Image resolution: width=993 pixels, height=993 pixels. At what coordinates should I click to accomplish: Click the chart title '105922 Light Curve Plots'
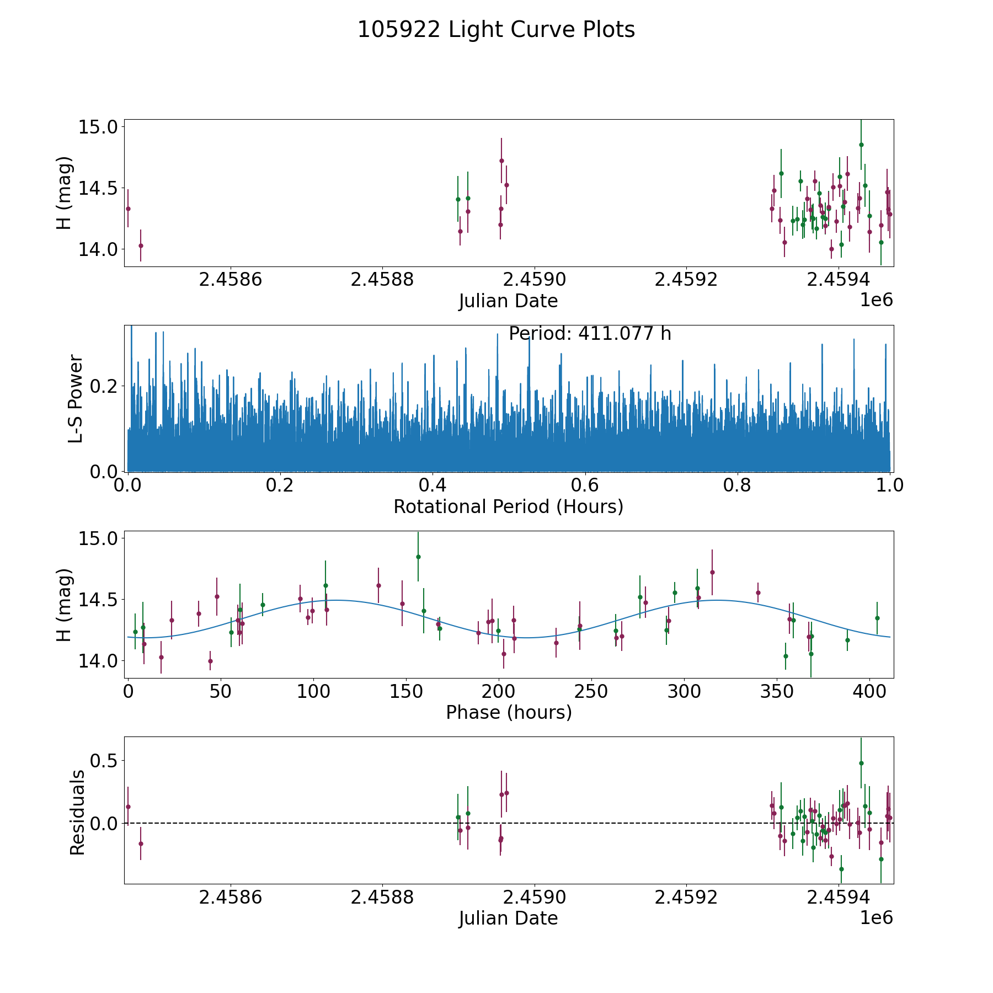496,30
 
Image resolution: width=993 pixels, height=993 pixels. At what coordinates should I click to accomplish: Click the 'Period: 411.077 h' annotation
590,334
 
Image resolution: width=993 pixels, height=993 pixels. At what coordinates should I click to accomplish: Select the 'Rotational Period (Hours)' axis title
508,506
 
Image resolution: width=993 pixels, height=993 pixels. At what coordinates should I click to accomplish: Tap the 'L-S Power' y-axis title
76,398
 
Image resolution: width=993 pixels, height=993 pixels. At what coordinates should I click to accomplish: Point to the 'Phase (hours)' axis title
508,712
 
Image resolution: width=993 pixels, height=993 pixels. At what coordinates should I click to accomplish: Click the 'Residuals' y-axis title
77,812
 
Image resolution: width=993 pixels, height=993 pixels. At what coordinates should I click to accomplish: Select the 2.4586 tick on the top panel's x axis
230,280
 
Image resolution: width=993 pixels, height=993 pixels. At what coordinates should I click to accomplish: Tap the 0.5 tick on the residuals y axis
105,761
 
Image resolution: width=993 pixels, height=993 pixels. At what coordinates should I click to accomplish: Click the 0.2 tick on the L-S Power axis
105,386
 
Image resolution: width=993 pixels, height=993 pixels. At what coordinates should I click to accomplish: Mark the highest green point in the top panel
861,145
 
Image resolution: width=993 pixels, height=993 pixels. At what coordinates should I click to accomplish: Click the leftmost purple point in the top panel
128,209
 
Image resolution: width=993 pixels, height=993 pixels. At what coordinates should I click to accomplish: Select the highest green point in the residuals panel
861,763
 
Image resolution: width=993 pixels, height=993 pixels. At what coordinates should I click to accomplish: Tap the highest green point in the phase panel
418,557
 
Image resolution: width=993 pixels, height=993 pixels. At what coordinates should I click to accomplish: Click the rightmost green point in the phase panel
877,618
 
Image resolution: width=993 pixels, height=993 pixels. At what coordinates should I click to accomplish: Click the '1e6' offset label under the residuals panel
876,918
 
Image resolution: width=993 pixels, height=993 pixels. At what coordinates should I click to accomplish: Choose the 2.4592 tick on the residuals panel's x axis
686,898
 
